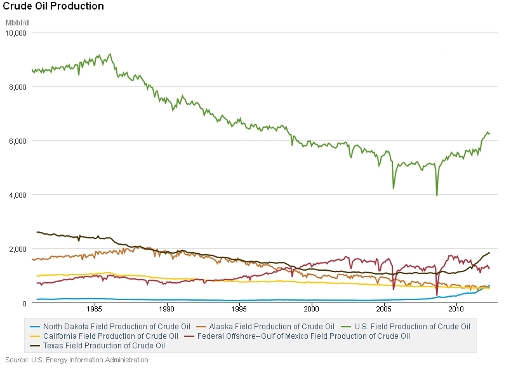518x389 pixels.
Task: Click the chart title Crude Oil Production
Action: [x=54, y=6]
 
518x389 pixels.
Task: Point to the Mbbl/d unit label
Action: [x=17, y=23]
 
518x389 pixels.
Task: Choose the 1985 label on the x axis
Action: [x=95, y=309]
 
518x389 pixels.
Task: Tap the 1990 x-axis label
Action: [x=167, y=309]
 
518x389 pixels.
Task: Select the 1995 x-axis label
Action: [x=239, y=309]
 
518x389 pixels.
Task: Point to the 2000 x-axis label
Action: [x=312, y=309]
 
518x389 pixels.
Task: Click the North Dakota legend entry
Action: [x=111, y=327]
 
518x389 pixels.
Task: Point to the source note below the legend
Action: [x=77, y=360]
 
